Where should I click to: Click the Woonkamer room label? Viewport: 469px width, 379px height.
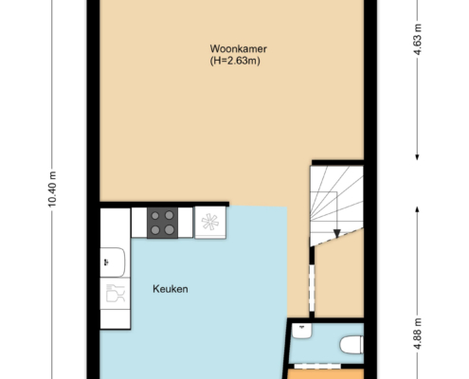(x=239, y=49)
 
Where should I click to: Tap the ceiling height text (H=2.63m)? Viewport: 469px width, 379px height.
(x=235, y=61)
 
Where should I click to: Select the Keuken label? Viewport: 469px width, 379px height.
(x=171, y=289)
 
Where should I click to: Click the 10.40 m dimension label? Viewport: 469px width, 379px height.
(x=52, y=189)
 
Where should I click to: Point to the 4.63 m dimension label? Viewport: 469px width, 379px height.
(x=418, y=40)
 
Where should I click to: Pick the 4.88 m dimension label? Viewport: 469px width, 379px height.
(x=418, y=334)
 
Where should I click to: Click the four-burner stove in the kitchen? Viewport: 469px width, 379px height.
(x=162, y=223)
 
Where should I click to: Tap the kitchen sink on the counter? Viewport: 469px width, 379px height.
(x=113, y=262)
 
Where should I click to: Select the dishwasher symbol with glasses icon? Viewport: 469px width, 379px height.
(x=115, y=294)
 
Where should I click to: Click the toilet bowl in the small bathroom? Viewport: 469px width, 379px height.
(x=352, y=345)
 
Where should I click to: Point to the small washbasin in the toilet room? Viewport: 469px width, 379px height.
(x=302, y=331)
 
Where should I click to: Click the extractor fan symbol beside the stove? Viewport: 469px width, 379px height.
(x=210, y=223)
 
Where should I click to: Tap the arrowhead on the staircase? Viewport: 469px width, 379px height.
(x=337, y=233)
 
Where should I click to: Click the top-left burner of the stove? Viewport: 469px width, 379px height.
(x=155, y=216)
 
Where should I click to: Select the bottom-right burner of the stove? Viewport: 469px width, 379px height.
(x=170, y=229)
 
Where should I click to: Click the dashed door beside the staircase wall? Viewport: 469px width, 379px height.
(x=312, y=288)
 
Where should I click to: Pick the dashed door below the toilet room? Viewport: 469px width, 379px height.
(x=317, y=366)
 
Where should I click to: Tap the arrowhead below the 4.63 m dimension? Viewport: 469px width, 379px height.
(x=417, y=156)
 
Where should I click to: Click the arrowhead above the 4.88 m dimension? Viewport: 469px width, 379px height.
(x=417, y=210)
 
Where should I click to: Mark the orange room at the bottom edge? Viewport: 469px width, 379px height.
(x=325, y=374)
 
